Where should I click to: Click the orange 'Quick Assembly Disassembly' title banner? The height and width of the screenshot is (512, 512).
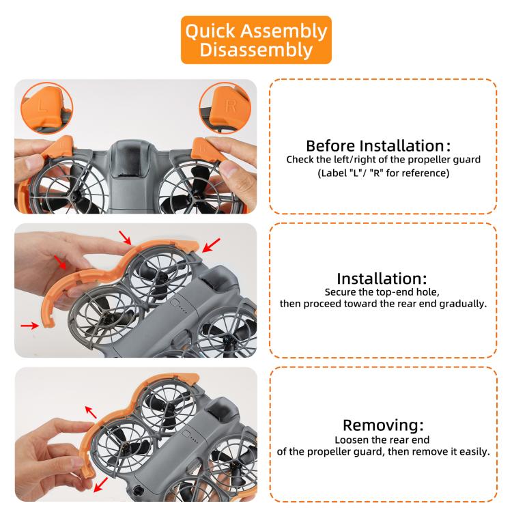pos(256,40)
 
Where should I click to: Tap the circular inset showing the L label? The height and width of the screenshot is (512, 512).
pos(46,108)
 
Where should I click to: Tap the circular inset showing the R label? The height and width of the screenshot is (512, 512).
pos(225,108)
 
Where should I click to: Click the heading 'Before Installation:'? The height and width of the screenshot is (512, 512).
pos(378,145)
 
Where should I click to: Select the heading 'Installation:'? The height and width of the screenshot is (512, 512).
pos(382,279)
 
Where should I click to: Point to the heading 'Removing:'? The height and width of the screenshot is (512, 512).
pos(383,425)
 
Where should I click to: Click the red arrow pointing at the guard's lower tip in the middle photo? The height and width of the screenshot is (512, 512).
pos(30,325)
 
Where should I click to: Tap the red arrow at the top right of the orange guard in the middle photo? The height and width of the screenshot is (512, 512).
pos(211,245)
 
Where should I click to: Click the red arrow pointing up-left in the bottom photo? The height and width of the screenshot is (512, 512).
pos(91,412)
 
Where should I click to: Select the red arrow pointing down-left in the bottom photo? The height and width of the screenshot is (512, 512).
pos(100,485)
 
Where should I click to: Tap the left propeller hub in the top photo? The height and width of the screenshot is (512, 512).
pos(75,197)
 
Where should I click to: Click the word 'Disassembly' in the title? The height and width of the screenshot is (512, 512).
pos(256,50)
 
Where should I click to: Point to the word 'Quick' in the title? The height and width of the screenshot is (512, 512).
pos(210,31)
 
